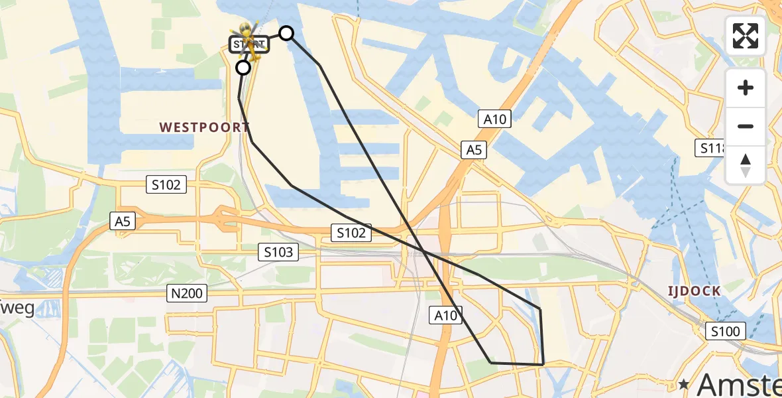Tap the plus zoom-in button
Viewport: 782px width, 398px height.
point(746,88)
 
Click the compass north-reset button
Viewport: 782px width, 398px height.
point(746,165)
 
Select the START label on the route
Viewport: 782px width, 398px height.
point(249,45)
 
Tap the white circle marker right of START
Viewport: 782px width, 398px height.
point(286,33)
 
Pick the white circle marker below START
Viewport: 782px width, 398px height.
point(243,68)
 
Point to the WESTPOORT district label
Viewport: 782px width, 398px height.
point(194,127)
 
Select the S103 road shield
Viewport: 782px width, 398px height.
point(279,252)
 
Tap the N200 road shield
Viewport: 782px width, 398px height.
point(188,293)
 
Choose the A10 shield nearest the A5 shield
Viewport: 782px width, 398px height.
point(495,119)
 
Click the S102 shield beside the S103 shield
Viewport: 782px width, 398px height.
point(351,232)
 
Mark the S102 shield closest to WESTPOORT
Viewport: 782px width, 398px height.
point(166,184)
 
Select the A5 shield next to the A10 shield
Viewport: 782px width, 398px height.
point(474,151)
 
